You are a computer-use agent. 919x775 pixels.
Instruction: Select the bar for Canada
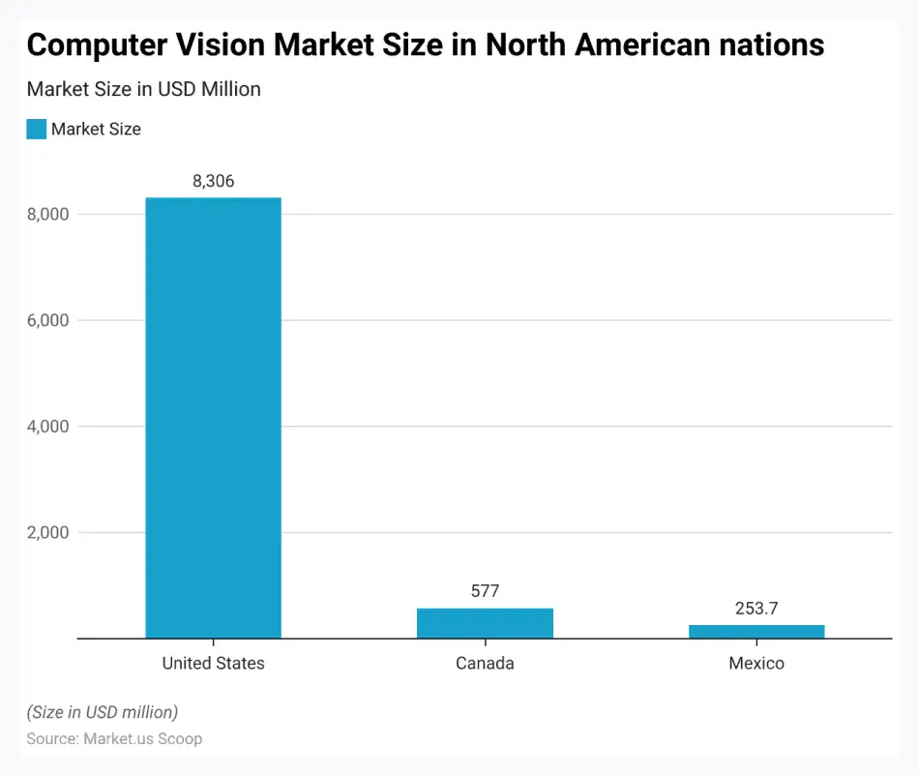485,623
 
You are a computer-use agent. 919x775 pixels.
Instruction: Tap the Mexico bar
756,632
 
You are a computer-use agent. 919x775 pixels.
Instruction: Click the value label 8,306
213,181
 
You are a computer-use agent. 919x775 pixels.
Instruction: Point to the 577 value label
485,591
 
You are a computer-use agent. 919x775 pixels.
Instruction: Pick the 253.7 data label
756,609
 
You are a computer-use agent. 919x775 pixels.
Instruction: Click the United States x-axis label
213,664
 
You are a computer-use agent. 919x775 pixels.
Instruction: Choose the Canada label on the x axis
485,664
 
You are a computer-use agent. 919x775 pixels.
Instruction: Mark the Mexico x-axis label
756,664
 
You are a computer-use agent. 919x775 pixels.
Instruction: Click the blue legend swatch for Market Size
37,129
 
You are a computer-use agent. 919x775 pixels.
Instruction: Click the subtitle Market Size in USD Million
143,89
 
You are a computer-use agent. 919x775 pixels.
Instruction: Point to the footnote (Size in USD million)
102,712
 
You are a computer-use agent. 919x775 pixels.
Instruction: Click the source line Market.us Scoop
114,739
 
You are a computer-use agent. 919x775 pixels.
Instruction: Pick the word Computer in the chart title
89,45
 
